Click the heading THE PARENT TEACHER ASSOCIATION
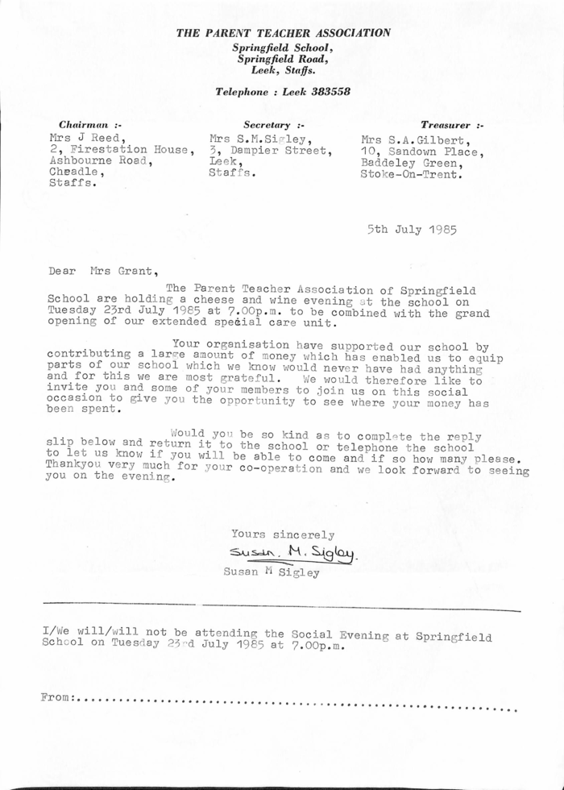click(284, 33)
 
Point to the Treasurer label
click(451, 125)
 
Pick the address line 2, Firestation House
click(121, 149)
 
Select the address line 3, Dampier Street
click(270, 150)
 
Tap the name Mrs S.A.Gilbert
click(414, 139)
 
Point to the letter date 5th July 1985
click(412, 229)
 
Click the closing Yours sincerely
click(283, 534)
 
